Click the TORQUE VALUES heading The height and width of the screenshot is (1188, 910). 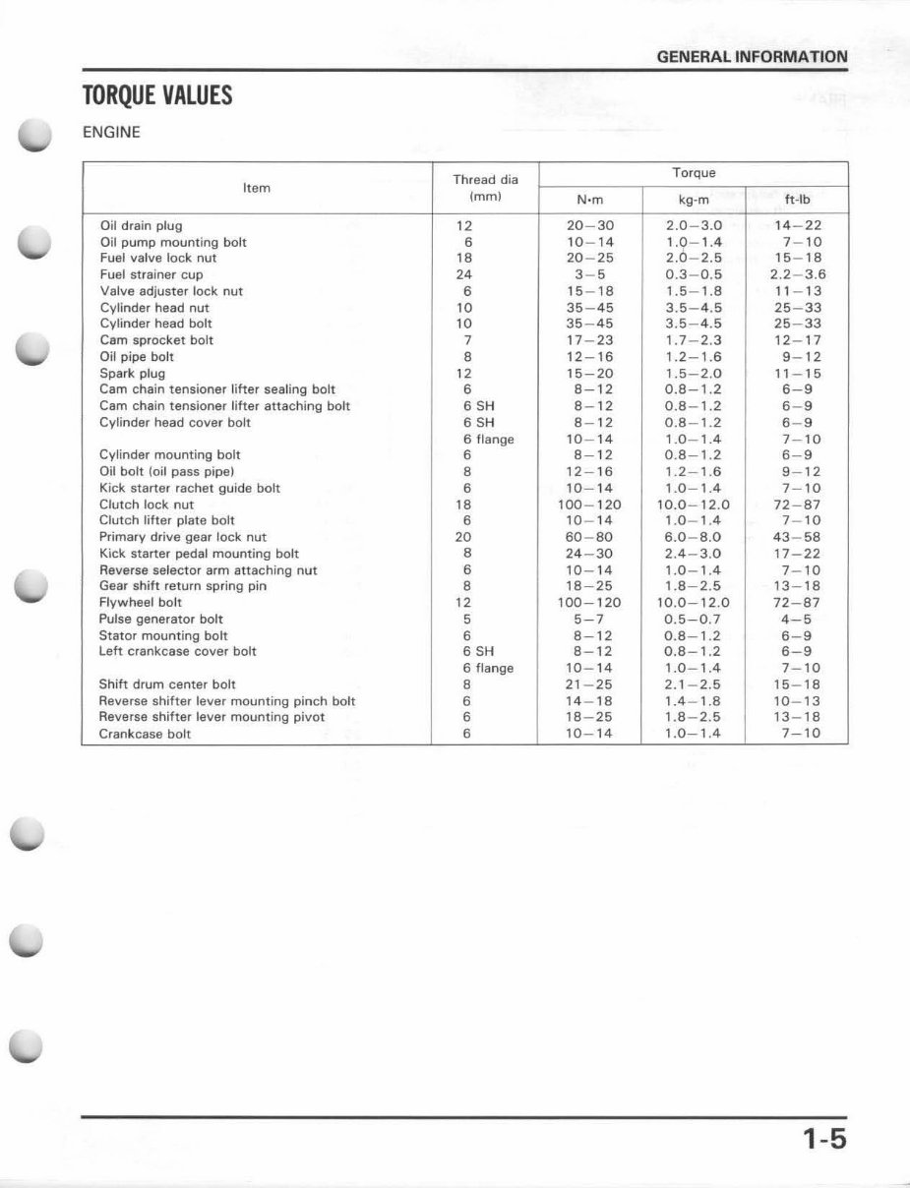coord(157,96)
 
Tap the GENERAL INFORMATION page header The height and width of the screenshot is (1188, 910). coord(752,57)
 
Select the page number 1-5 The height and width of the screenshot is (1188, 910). coord(822,1140)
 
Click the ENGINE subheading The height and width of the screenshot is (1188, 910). coord(111,131)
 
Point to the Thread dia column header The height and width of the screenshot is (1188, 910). coord(485,188)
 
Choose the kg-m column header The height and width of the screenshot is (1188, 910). coord(694,200)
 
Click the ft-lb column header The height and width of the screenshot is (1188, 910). coord(797,200)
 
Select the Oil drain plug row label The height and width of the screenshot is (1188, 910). coord(141,225)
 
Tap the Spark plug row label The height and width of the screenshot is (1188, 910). coord(132,374)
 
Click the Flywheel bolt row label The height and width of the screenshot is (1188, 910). coord(140,603)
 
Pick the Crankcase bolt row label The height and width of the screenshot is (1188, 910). coord(145,735)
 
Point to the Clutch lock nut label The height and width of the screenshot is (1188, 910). coord(147,505)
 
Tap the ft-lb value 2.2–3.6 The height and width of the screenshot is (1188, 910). coord(797,274)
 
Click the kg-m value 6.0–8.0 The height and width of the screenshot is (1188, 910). coord(694,537)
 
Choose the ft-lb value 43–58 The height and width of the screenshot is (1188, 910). coord(797,537)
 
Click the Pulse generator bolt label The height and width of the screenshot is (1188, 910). coord(160,620)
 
